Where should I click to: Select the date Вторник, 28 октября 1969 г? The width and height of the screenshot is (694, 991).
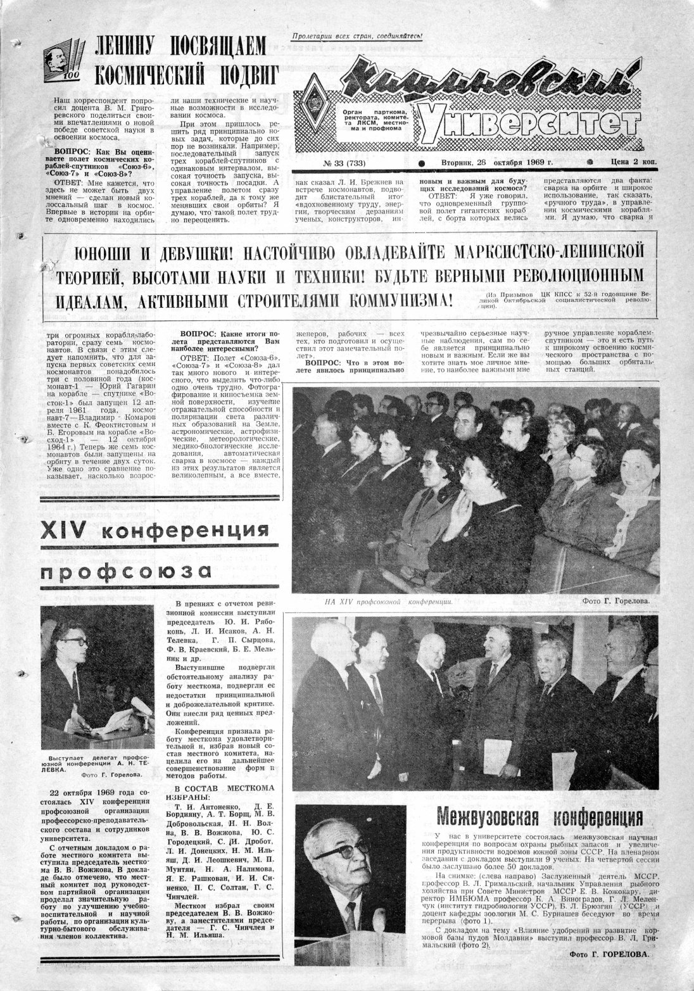pos(496,162)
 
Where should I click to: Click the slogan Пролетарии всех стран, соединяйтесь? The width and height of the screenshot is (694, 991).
pos(357,36)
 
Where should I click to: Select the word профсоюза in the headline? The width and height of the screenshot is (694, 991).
pos(125,571)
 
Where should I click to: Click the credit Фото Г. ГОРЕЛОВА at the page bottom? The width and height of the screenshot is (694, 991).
pos(609,971)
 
